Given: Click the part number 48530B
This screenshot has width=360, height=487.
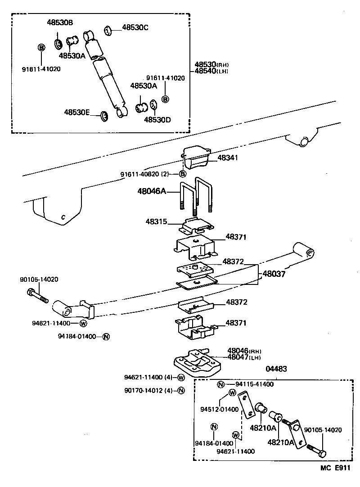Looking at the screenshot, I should pyautogui.click(x=60, y=23).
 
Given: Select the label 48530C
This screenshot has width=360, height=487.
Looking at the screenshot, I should pyautogui.click(x=135, y=27).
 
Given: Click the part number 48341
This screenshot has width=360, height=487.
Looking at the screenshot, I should pyautogui.click(x=228, y=158).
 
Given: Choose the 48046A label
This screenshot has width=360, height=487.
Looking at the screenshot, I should pyautogui.click(x=152, y=191).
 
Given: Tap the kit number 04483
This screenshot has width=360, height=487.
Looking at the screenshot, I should pyautogui.click(x=276, y=369).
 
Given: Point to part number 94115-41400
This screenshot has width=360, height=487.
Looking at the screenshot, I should pyautogui.click(x=254, y=384).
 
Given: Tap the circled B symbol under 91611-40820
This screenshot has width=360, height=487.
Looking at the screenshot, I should pyautogui.click(x=182, y=174).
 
